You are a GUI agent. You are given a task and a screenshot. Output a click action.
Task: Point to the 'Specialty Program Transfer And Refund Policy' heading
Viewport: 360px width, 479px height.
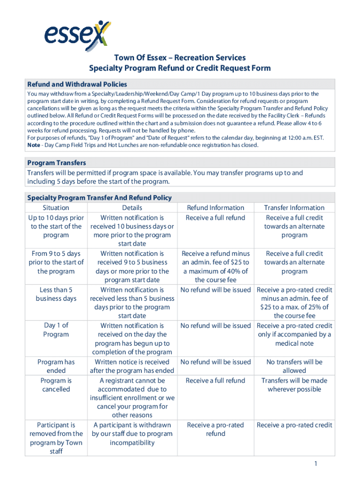(x=100, y=198)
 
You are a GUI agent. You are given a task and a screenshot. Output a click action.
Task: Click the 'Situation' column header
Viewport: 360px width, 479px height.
(x=56, y=208)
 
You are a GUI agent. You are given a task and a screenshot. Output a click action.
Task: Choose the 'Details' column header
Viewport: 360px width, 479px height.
(x=132, y=208)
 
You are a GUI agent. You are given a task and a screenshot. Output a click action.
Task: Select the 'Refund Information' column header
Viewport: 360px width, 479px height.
(x=215, y=208)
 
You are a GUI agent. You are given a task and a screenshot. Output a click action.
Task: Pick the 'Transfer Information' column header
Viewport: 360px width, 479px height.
(x=294, y=208)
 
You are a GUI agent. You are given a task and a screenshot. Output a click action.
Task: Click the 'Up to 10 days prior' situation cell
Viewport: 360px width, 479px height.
(x=56, y=226)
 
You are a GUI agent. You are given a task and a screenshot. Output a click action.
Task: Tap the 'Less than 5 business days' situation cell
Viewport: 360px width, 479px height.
(x=56, y=294)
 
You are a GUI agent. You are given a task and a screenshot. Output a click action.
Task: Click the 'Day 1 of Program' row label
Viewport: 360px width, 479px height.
(x=56, y=330)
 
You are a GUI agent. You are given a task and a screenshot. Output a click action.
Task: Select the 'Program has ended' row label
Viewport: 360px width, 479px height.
(x=56, y=366)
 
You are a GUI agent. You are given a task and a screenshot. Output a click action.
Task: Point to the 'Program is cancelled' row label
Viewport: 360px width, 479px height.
(x=56, y=385)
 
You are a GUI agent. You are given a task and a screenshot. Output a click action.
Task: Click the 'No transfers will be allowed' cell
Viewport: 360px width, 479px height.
(x=294, y=366)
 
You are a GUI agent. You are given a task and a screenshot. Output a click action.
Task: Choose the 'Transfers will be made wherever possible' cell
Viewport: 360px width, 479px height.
(x=294, y=385)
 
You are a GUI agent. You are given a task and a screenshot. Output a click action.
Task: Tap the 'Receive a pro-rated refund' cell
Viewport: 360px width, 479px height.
(x=215, y=429)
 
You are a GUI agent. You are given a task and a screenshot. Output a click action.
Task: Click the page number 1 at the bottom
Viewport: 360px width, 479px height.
(x=316, y=464)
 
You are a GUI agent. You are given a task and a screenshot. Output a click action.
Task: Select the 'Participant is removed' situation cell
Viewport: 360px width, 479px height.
(x=56, y=438)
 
